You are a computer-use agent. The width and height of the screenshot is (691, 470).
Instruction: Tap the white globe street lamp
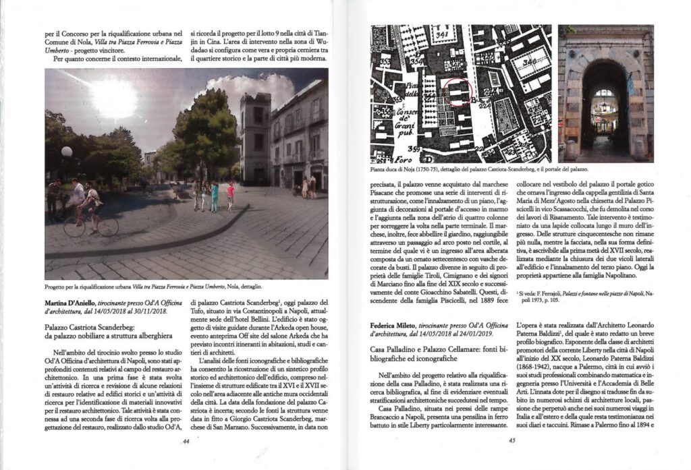[66, 152]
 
